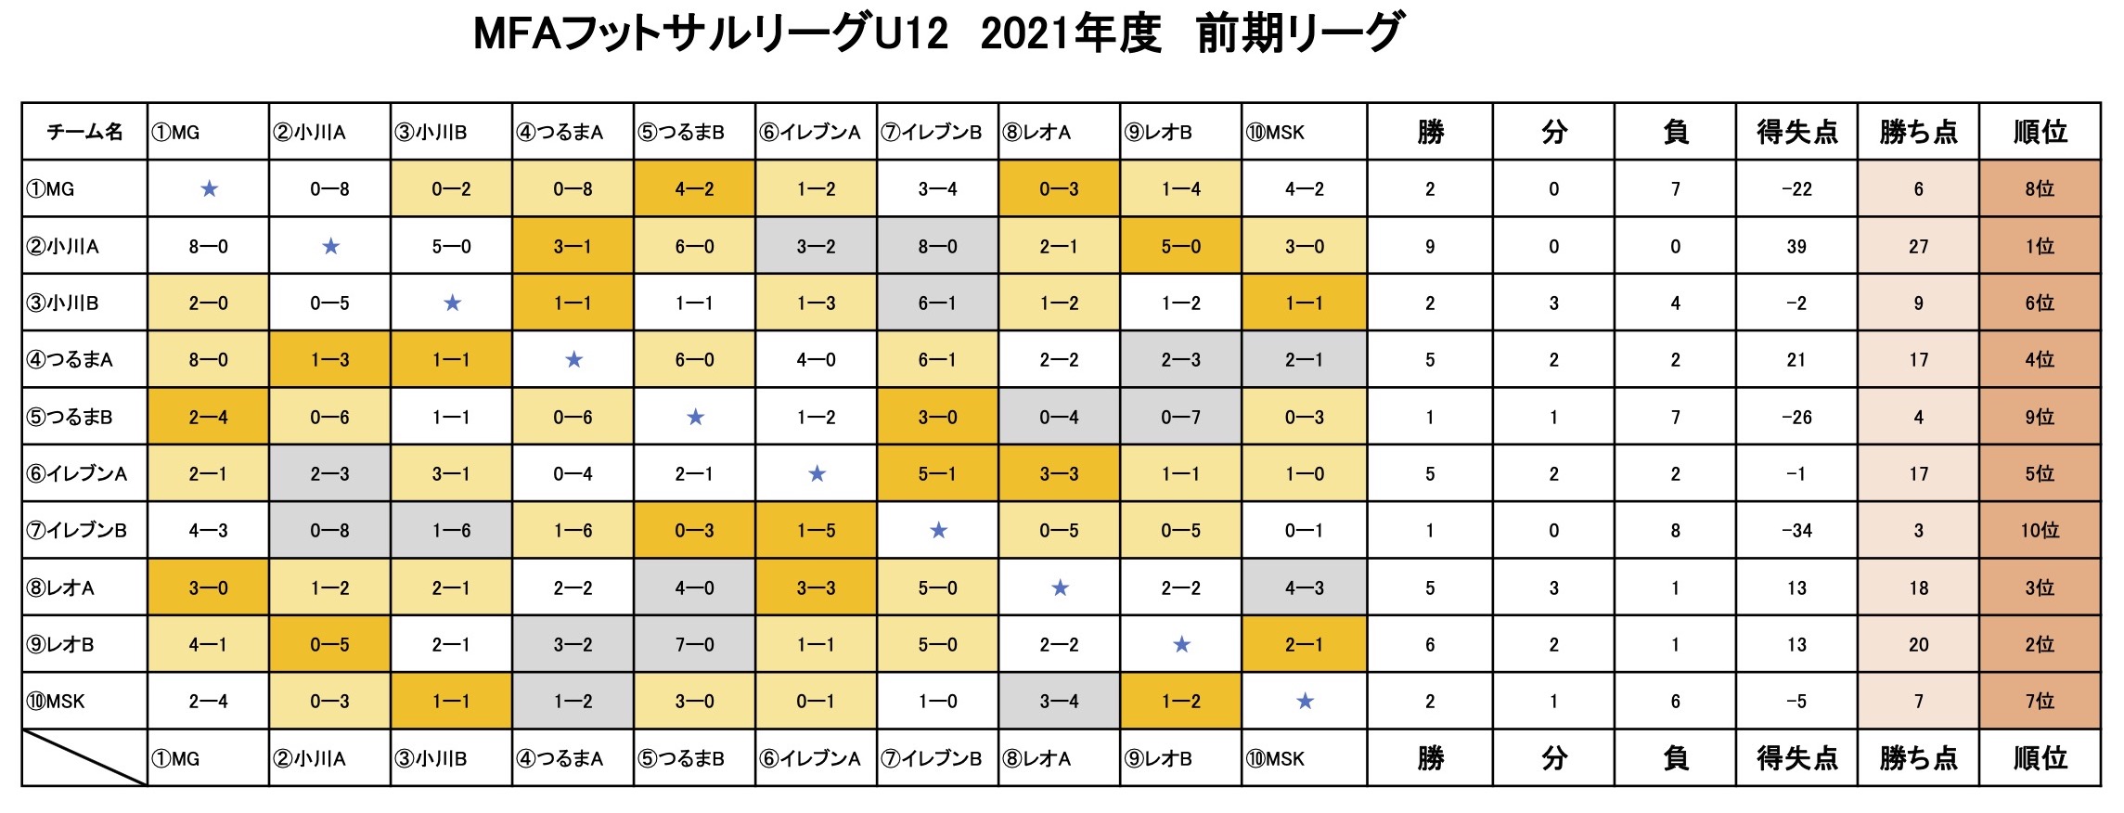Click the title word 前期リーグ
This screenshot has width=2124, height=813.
coord(1300,33)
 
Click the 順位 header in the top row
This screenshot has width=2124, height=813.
coord(2040,132)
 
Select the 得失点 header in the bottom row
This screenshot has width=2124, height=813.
coord(1796,758)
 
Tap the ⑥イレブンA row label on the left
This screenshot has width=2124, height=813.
coord(77,473)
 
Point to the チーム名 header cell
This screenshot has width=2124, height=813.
coord(84,132)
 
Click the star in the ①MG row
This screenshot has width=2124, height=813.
coord(209,189)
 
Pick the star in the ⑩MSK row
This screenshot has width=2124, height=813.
coord(1305,702)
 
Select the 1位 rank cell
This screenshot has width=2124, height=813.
coord(2040,247)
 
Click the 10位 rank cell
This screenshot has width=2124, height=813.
coord(2040,531)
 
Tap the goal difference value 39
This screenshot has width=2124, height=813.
coord(1796,247)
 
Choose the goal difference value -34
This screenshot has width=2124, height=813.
coord(1796,531)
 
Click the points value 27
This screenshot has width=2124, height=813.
coord(1918,247)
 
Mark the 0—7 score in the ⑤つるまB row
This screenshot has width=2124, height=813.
coord(1180,418)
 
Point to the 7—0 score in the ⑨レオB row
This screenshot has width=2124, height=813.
coord(694,645)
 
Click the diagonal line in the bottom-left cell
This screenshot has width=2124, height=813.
coord(84,758)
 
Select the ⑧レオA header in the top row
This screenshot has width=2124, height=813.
coord(1036,132)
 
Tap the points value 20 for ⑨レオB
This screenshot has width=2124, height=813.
coord(1918,645)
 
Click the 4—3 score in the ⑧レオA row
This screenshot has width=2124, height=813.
coord(1304,588)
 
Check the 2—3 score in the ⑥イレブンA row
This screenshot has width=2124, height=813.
coord(329,474)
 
